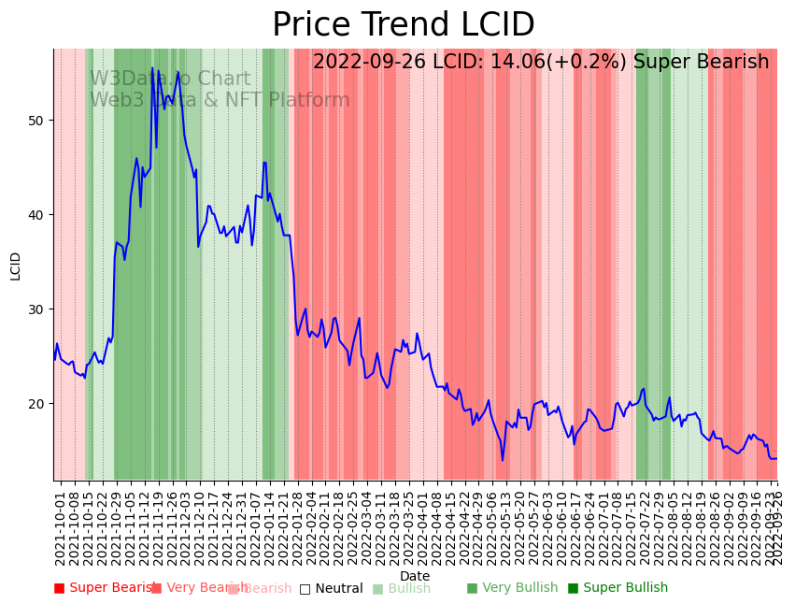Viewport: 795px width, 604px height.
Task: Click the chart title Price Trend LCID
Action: click(x=403, y=25)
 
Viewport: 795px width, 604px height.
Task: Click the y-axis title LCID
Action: click(x=16, y=266)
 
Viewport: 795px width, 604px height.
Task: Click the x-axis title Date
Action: click(x=415, y=576)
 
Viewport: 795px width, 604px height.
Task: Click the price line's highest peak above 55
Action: click(x=152, y=67)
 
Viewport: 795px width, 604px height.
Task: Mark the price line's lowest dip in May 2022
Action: click(x=502, y=460)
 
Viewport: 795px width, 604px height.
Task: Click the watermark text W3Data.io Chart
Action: click(x=170, y=79)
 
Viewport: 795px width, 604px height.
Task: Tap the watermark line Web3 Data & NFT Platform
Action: click(x=220, y=100)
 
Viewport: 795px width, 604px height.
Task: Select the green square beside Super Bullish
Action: click(x=574, y=588)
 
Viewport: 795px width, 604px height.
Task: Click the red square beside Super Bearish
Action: click(x=60, y=588)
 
